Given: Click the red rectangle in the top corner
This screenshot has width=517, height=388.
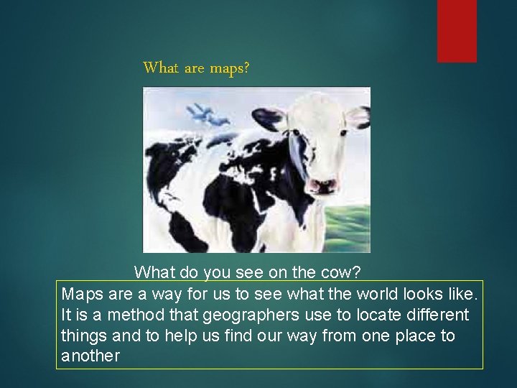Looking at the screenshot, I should coord(457,30).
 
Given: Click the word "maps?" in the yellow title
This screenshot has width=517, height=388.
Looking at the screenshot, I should coord(229,68).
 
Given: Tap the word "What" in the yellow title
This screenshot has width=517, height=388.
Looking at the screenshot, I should coord(162,68).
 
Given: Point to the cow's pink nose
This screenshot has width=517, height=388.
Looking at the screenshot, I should coord(322,186).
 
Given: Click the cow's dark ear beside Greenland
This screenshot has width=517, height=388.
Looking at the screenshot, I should coord(269,118).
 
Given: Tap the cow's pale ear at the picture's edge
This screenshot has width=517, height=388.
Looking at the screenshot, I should coord(358,116).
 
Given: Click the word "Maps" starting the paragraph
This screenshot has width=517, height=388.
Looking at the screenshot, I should coord(82,294).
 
